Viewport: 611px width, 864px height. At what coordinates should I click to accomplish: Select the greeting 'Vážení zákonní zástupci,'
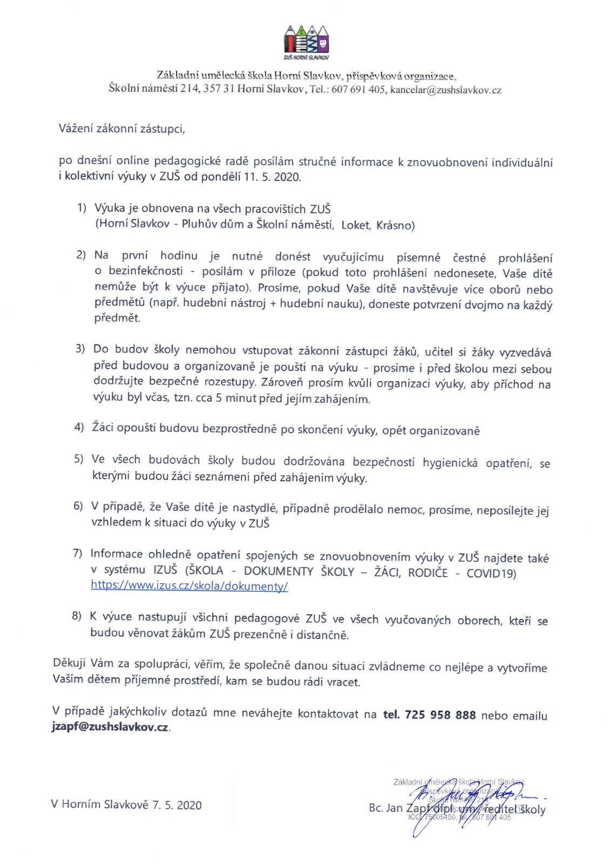tap(122, 129)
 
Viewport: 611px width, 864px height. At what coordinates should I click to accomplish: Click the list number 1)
tap(82, 208)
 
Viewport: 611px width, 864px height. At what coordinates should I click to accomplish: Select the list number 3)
tap(80, 349)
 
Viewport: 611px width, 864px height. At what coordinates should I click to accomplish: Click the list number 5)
tap(79, 459)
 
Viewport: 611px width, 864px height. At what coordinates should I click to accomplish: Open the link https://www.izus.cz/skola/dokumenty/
tap(189, 585)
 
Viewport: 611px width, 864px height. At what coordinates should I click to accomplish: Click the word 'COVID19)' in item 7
tap(491, 573)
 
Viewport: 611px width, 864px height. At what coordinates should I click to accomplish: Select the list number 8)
tap(77, 616)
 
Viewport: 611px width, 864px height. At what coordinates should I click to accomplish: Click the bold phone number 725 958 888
tap(440, 715)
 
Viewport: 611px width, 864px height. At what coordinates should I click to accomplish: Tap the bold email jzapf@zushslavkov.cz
tap(110, 727)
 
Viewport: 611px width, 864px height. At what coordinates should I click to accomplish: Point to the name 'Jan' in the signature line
tap(395, 808)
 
